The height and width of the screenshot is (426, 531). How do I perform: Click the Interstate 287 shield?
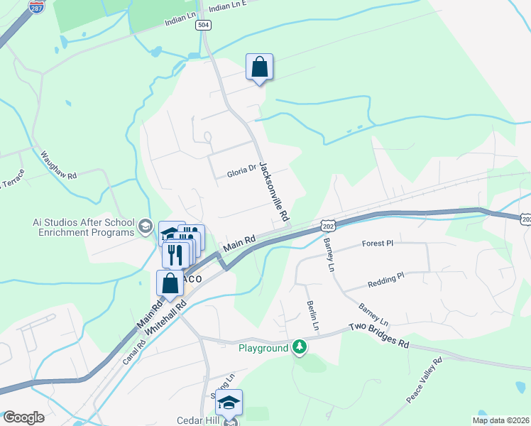(37, 6)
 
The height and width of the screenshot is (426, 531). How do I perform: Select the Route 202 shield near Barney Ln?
(327, 225)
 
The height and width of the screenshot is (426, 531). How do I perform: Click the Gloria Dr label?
(241, 171)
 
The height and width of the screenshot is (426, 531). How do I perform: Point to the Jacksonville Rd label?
(273, 190)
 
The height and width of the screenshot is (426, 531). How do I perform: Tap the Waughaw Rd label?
(58, 165)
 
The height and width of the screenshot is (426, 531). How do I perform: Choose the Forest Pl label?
(377, 243)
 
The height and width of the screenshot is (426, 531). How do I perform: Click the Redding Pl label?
(385, 279)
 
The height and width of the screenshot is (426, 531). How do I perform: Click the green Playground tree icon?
(300, 347)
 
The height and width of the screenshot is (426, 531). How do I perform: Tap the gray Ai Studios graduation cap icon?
(145, 226)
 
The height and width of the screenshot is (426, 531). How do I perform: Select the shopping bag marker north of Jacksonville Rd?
(260, 67)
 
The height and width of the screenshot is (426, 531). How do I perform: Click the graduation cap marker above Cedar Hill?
(229, 403)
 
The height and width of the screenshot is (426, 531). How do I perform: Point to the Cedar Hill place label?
(198, 420)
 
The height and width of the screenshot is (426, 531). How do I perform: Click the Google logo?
(23, 417)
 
